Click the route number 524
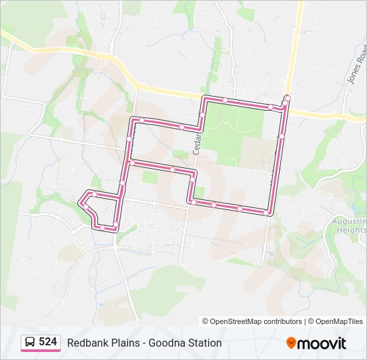tap(47, 342)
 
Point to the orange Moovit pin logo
tap(291, 343)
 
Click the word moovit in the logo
tap(322, 343)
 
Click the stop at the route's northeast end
tap(287, 99)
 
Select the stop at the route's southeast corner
tap(267, 213)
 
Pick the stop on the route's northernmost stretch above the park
tap(226, 101)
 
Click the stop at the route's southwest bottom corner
tap(103, 228)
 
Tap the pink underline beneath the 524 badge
tap(41, 351)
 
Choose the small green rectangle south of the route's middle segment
tap(149, 177)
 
